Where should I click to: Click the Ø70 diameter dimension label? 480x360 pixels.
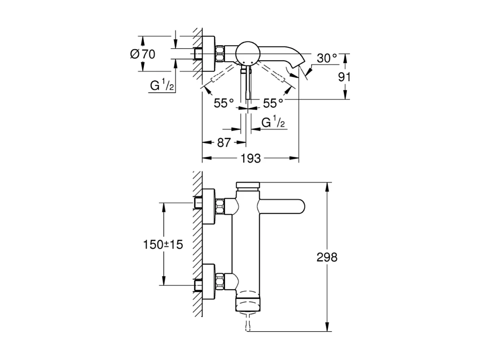pos(143,54)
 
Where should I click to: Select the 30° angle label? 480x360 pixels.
pos(326,58)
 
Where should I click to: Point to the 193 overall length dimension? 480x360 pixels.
pos(251,158)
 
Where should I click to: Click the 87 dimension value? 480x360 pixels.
pos(223,143)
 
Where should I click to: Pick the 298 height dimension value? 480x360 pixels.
pos(327,257)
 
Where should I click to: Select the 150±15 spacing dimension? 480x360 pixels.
pos(163,244)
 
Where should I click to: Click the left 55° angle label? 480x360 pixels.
pos(223,103)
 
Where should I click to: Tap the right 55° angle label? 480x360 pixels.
pos(273,103)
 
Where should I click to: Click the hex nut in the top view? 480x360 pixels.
pos(221,54)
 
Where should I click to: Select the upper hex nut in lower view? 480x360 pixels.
pos(220,206)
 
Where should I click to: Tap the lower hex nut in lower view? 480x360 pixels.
pos(220,281)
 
